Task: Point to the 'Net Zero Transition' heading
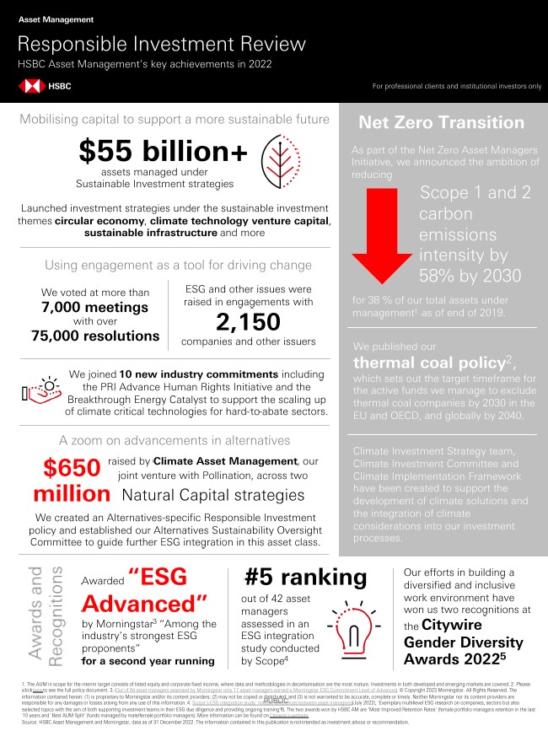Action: tap(441, 123)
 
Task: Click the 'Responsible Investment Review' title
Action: tap(162, 44)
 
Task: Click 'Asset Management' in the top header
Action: tap(55, 19)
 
